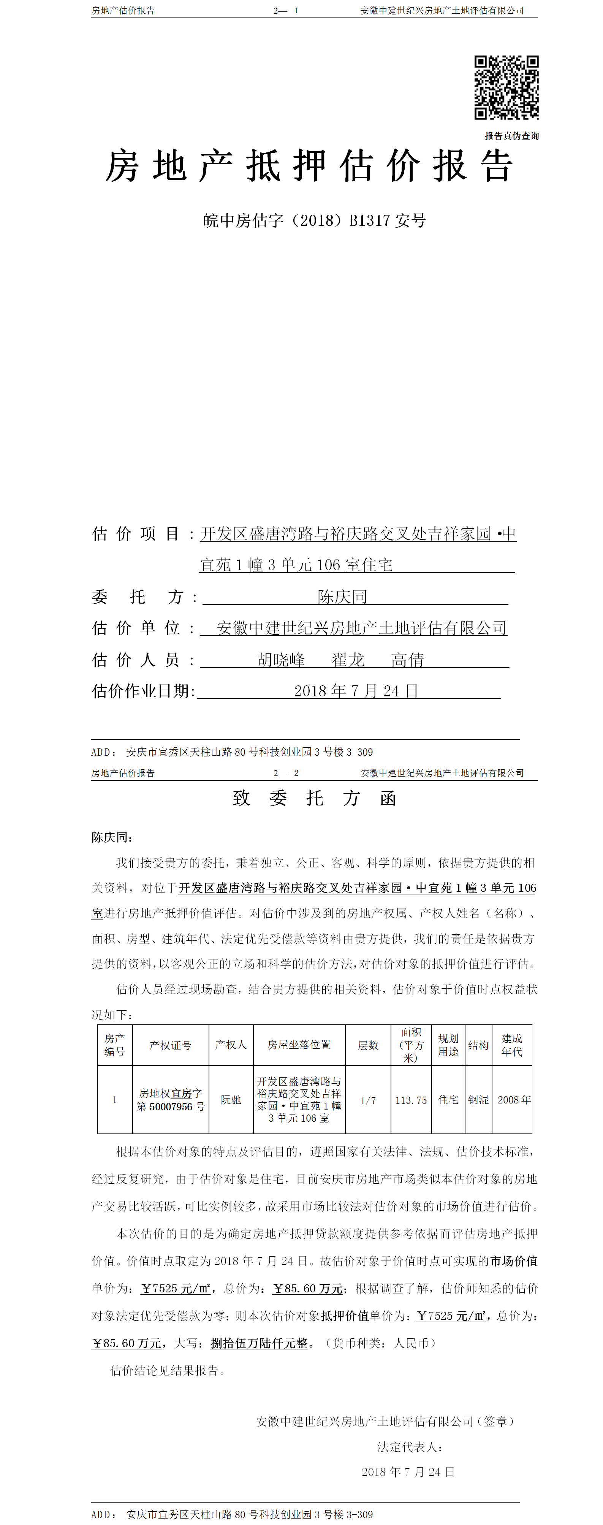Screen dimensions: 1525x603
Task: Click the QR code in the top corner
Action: click(506, 88)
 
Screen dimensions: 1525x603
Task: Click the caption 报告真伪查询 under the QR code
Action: click(511, 136)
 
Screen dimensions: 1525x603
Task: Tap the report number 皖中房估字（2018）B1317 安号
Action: click(314, 221)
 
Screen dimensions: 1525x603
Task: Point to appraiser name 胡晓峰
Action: click(281, 659)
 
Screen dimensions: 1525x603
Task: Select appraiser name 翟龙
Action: click(348, 659)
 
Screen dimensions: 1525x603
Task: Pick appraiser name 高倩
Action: click(408, 659)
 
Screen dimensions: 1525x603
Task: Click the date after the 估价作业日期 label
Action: click(356, 691)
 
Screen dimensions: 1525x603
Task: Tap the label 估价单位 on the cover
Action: click(136, 628)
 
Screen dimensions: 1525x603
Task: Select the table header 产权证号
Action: click(171, 1045)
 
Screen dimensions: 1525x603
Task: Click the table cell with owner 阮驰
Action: click(231, 1099)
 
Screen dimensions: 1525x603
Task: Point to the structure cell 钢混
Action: click(478, 1099)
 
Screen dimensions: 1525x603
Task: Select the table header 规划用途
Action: click(448, 1045)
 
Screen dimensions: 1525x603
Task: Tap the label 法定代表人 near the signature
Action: click(410, 1447)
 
